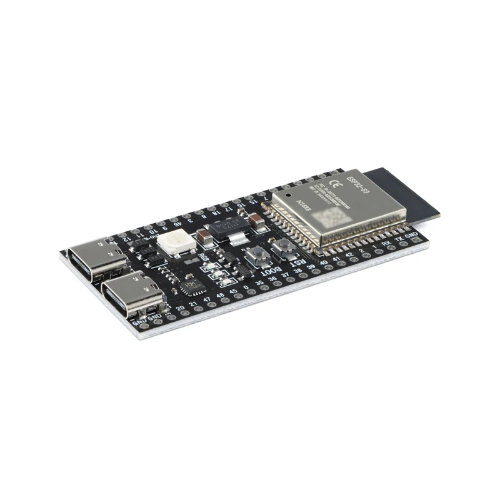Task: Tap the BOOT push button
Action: (256, 254)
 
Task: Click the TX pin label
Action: (400, 241)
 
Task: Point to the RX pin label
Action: (387, 246)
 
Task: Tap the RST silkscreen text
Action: (300, 263)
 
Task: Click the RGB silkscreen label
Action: (203, 257)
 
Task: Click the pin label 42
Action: (350, 256)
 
